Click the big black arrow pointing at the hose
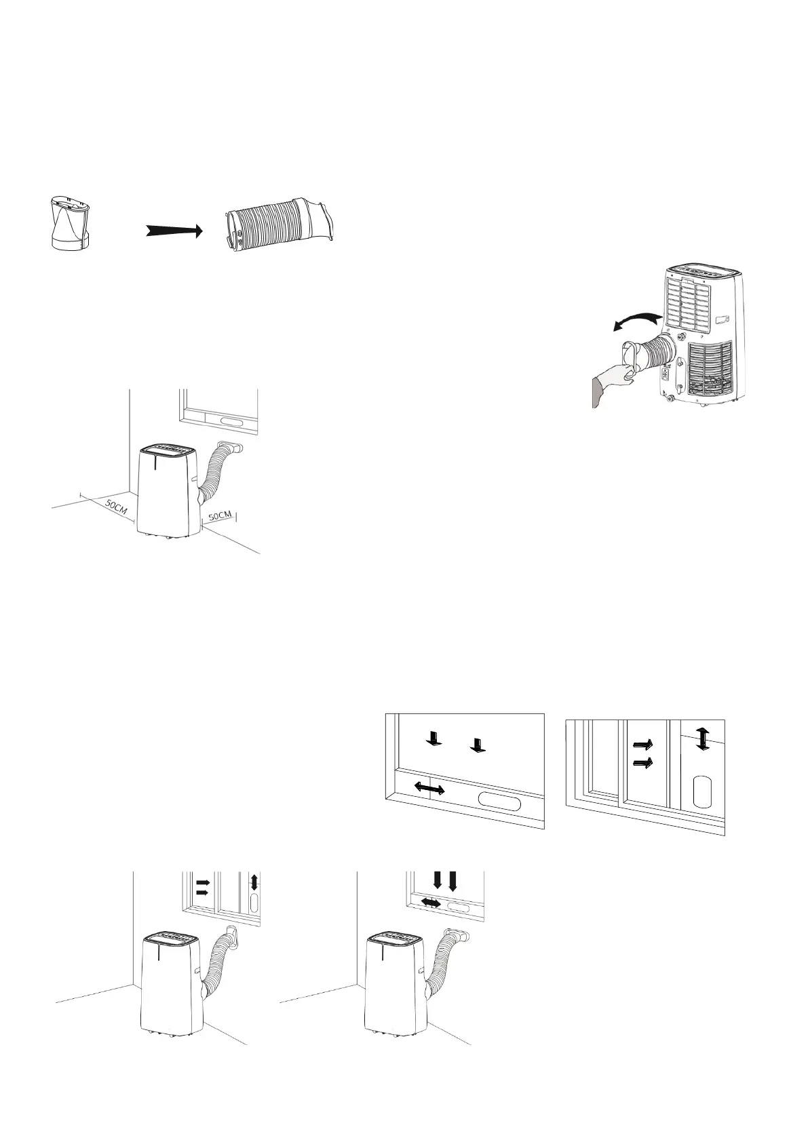coord(174,231)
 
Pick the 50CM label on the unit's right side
coord(220,516)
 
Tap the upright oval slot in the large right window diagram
coord(703,791)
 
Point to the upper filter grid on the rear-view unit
coord(687,303)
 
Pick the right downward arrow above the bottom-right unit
coord(453,881)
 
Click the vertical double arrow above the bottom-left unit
coord(254,882)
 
